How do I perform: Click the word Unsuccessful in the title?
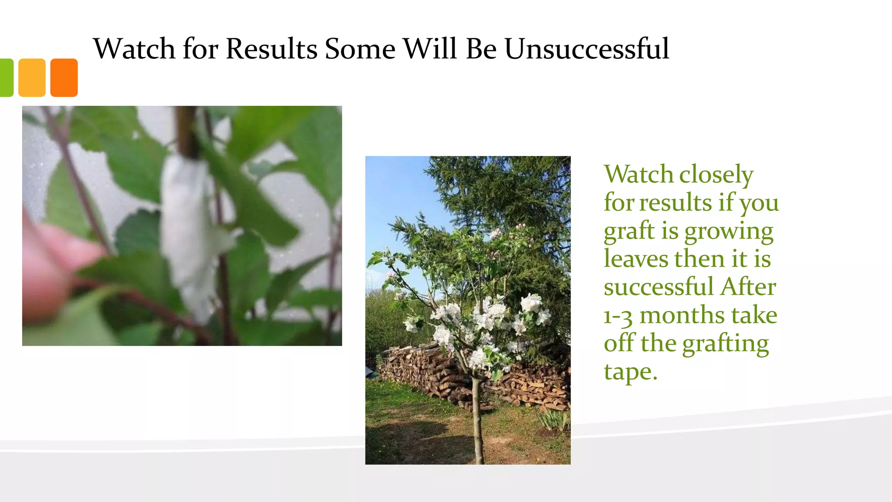(587, 48)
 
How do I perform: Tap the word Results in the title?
(271, 48)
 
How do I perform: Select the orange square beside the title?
(64, 78)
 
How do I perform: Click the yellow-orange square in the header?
(32, 78)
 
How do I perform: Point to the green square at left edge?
(7, 78)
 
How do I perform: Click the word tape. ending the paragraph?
(630, 372)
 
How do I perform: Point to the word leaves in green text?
(635, 258)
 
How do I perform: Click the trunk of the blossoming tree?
(477, 418)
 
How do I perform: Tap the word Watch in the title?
(134, 48)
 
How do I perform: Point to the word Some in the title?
(360, 48)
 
